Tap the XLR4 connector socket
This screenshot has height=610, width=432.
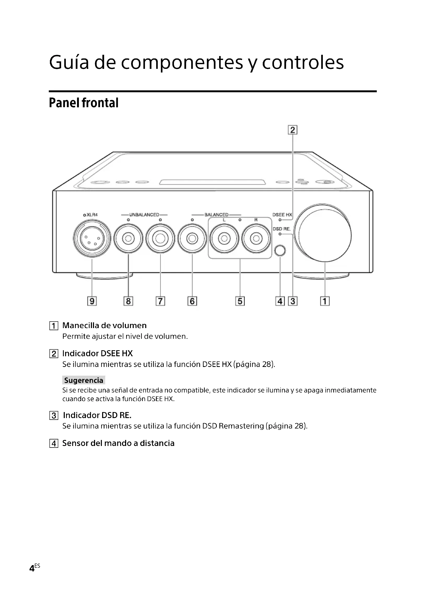[x=92, y=238]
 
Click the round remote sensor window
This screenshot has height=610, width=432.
[x=280, y=251]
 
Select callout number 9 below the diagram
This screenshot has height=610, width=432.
[x=92, y=301]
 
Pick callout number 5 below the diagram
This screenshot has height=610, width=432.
[x=240, y=301]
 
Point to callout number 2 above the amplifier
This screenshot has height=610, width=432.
[x=293, y=130]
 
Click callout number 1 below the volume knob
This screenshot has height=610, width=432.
[x=325, y=301]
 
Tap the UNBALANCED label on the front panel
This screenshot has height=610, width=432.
[x=144, y=215]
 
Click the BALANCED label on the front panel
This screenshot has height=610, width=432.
[x=216, y=215]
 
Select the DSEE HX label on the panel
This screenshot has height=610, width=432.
[x=282, y=215]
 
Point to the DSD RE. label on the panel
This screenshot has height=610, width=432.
[x=282, y=229]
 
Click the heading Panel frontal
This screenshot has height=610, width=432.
[x=84, y=103]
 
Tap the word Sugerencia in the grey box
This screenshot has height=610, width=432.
[x=84, y=380]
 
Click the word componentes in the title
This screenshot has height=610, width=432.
[x=182, y=63]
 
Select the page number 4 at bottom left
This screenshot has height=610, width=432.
[x=32, y=568]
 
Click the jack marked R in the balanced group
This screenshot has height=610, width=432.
[x=256, y=238]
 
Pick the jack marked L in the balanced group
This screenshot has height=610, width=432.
[x=224, y=238]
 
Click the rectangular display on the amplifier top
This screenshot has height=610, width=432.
[x=212, y=182]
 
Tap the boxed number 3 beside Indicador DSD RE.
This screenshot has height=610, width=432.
[x=54, y=415]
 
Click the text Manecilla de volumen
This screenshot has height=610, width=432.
[x=104, y=325]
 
